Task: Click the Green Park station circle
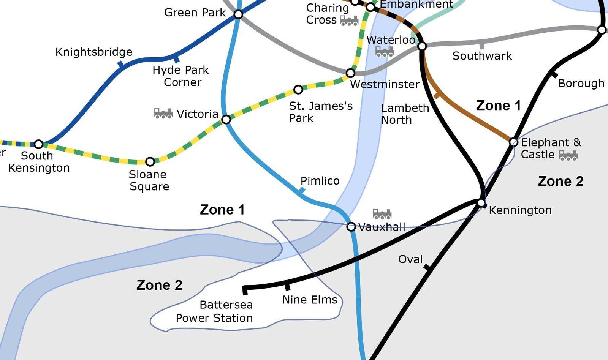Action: pyautogui.click(x=238, y=14)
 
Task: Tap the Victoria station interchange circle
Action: pyautogui.click(x=226, y=120)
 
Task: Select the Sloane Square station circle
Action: pyautogui.click(x=150, y=162)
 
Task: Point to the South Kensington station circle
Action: pyautogui.click(x=38, y=144)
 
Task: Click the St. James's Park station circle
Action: pyautogui.click(x=298, y=90)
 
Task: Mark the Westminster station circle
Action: pyautogui.click(x=350, y=73)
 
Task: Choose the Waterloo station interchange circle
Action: pyautogui.click(x=422, y=46)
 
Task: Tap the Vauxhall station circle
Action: pyautogui.click(x=351, y=227)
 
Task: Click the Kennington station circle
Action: pyautogui.click(x=481, y=203)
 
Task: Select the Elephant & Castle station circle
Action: pyautogui.click(x=513, y=142)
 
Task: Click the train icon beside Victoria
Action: pyautogui.click(x=163, y=113)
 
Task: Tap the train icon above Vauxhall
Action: pyautogui.click(x=382, y=214)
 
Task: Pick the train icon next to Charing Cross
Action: pyautogui.click(x=349, y=21)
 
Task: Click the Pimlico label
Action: pyautogui.click(x=320, y=181)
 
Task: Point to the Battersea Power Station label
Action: pyautogui.click(x=214, y=311)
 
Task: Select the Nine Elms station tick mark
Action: pyautogui.click(x=287, y=286)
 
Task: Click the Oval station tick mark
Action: pyautogui.click(x=427, y=268)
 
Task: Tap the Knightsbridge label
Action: pyautogui.click(x=94, y=52)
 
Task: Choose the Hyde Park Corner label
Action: pyautogui.click(x=181, y=76)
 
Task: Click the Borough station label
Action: pyautogui.click(x=581, y=84)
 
